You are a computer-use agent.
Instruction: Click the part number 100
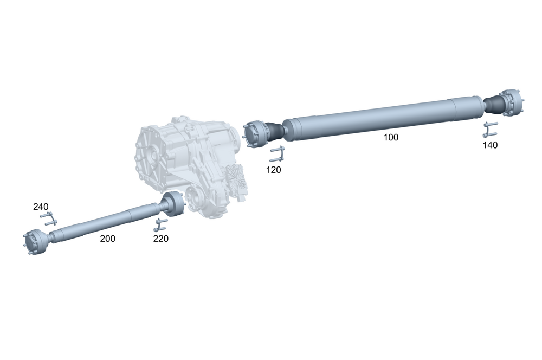(x=390, y=138)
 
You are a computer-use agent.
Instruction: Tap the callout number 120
(x=274, y=170)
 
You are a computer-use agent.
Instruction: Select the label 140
(x=490, y=145)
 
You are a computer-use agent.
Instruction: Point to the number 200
(x=107, y=239)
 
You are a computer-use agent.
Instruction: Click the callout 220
(x=161, y=239)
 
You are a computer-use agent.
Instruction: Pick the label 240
(x=41, y=207)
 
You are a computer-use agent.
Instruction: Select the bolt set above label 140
(x=491, y=130)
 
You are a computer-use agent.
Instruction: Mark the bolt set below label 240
(x=48, y=220)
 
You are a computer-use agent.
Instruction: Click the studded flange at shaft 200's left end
(x=35, y=243)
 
